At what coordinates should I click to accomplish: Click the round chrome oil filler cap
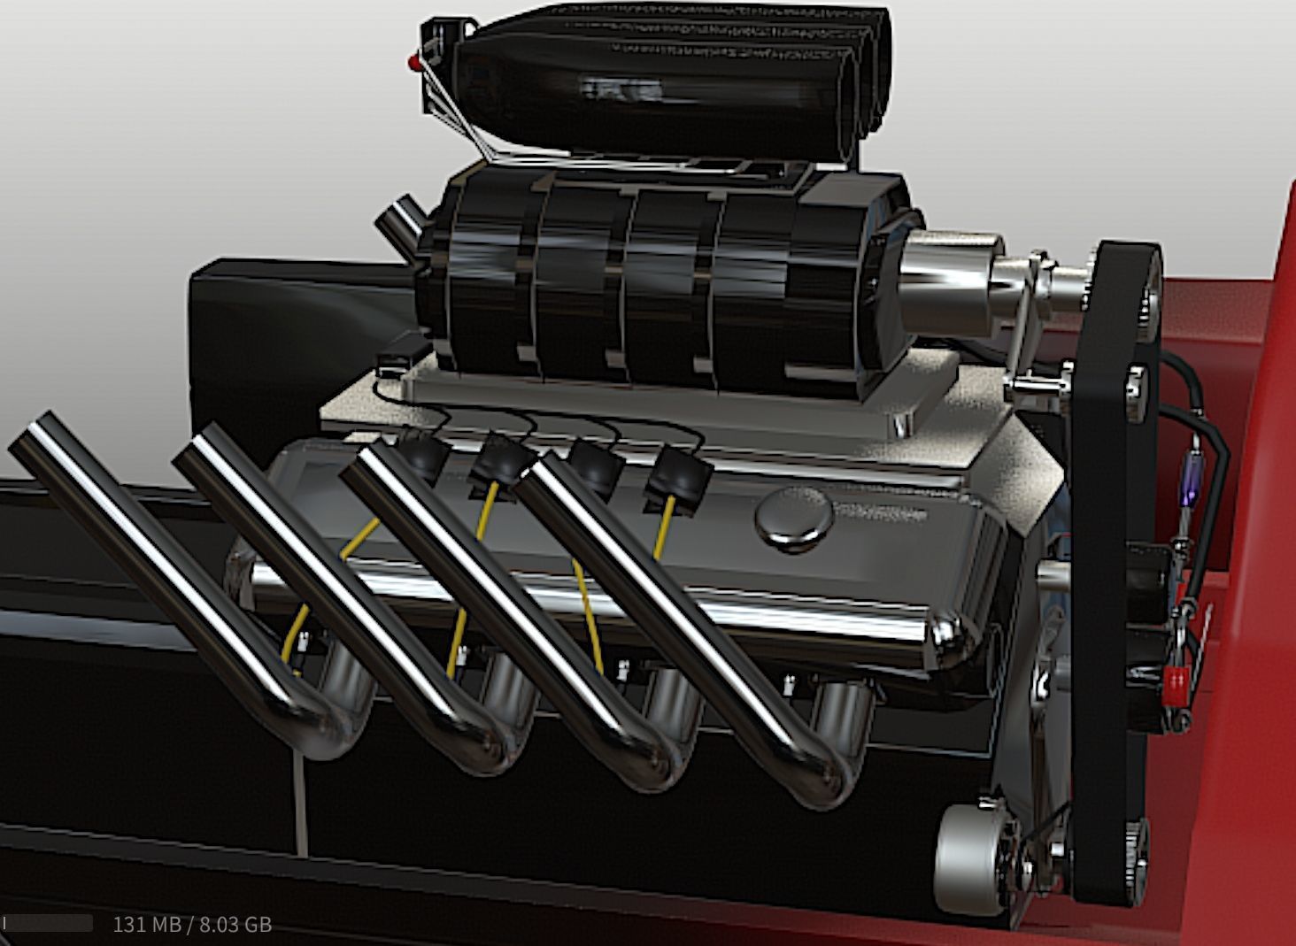794,519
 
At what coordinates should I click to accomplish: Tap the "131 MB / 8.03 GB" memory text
192,925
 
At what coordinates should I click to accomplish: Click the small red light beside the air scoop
413,62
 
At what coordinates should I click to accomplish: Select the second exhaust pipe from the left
310,575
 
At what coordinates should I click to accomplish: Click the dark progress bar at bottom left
48,924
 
